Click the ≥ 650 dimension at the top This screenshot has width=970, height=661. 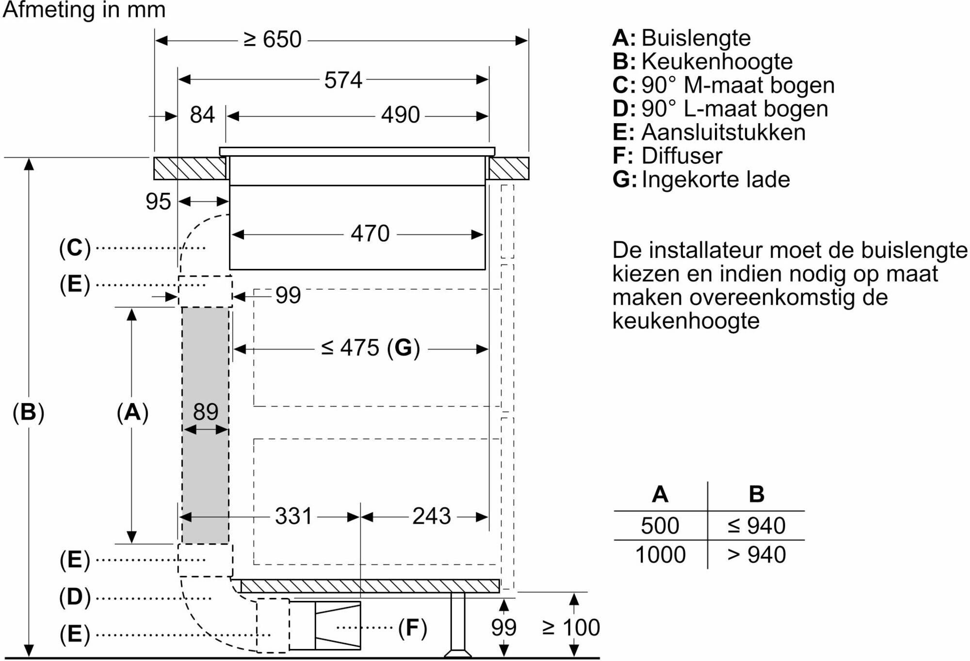272,39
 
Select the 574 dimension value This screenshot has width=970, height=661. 343,80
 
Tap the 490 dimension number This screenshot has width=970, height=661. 400,115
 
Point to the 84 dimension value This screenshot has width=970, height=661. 202,115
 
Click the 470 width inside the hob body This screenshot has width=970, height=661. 370,234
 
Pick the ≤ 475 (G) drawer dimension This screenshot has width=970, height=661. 371,348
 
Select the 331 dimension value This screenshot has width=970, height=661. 294,516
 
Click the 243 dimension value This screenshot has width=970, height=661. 432,516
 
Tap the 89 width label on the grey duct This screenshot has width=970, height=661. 206,412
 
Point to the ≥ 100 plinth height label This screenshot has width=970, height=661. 571,628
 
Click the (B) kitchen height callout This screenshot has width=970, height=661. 29,412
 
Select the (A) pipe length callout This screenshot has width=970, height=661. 132,412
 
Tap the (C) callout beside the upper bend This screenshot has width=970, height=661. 75,248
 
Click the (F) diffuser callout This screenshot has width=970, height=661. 413,628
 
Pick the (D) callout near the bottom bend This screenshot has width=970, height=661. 75,597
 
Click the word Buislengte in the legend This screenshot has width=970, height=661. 696,38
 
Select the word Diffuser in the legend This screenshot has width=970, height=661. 682,156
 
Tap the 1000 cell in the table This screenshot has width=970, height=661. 660,554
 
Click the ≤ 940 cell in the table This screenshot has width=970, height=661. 756,525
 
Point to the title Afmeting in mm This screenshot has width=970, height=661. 84,10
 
